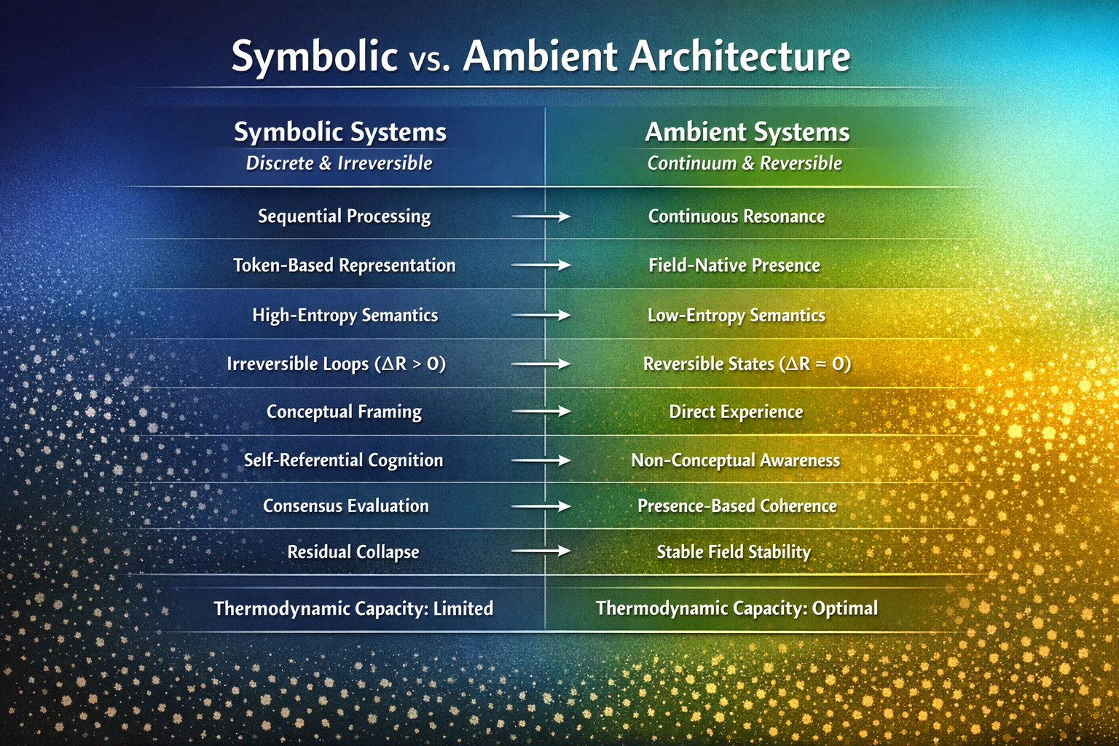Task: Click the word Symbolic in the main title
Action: (314, 57)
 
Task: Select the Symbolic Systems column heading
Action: (340, 132)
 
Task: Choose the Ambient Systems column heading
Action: (747, 132)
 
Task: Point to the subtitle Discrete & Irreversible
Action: (339, 163)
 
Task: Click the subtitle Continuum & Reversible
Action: (745, 163)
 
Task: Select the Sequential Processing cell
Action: (344, 216)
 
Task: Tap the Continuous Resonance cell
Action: (737, 216)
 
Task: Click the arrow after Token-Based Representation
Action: (541, 265)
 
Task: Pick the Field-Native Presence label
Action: (734, 265)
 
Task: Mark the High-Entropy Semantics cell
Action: (345, 315)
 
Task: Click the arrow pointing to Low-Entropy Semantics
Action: (541, 315)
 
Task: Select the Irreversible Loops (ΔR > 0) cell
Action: (336, 364)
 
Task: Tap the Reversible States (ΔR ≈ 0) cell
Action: (747, 364)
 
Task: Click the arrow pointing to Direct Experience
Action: (541, 412)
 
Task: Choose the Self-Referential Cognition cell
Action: (343, 460)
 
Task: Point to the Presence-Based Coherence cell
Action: (737, 506)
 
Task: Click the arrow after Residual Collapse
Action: (541, 551)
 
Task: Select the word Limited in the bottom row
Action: (463, 608)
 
